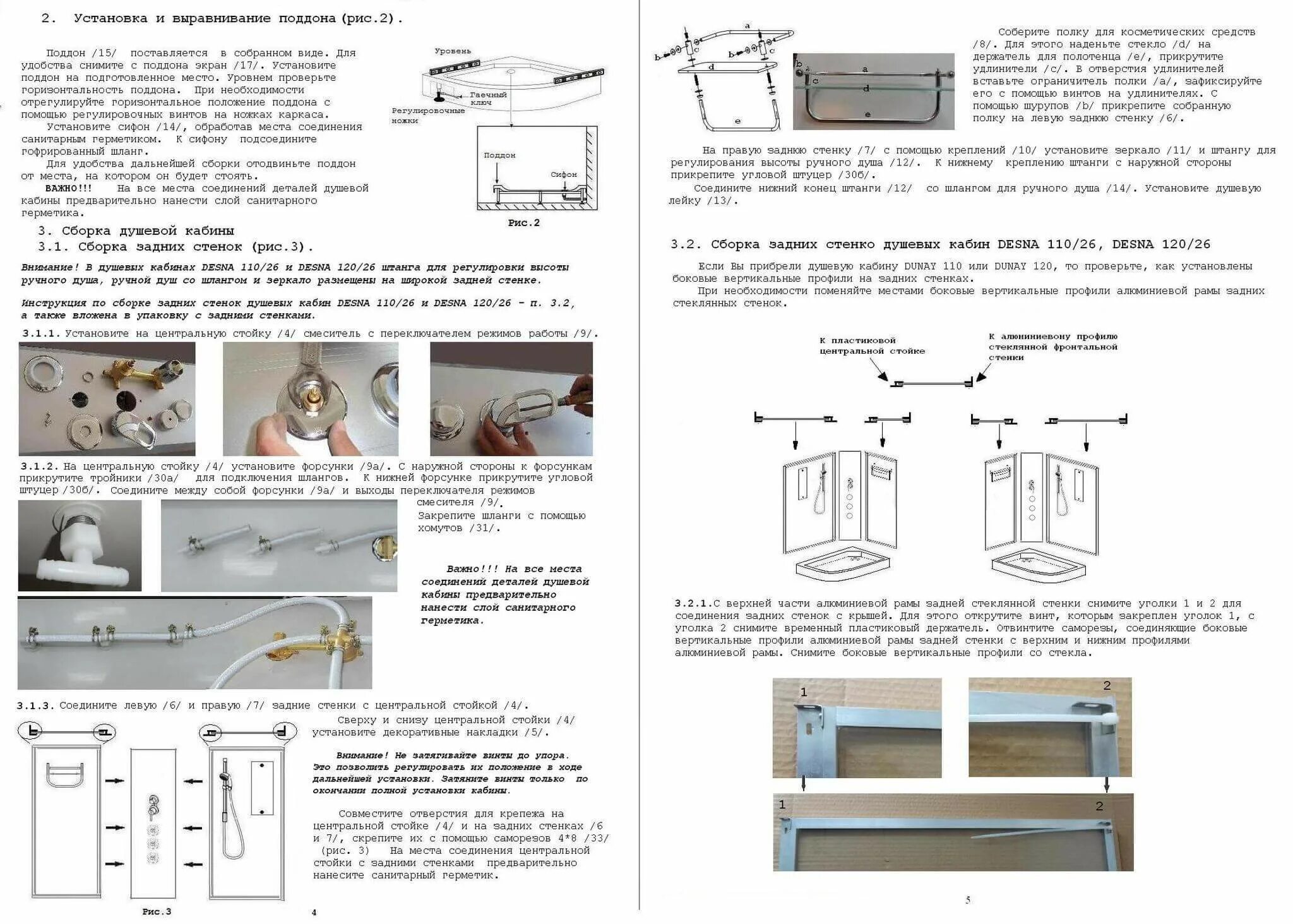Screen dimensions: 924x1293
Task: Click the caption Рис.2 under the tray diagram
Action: tap(523, 223)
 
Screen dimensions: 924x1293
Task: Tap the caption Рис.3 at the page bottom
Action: tap(157, 911)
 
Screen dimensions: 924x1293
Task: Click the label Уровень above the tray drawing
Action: tap(452, 51)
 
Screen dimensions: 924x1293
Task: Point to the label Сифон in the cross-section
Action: tap(564, 174)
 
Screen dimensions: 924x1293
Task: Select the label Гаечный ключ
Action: tap(489, 99)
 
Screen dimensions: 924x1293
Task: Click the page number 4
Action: tap(314, 912)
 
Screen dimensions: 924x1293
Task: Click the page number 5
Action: tap(967, 900)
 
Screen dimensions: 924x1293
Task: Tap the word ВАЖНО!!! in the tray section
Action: tap(68, 188)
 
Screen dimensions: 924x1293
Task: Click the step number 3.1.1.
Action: tap(41, 333)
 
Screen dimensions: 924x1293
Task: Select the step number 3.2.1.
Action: tap(693, 603)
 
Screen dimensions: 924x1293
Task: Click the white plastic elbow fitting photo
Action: tap(80, 545)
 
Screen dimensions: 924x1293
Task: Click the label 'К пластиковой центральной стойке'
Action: tap(872, 345)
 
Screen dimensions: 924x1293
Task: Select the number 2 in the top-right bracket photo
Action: tap(1106, 685)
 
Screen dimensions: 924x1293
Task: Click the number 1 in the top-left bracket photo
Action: tap(804, 692)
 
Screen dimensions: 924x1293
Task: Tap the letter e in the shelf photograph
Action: tap(868, 114)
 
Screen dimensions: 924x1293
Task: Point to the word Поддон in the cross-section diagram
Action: tap(499, 155)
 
